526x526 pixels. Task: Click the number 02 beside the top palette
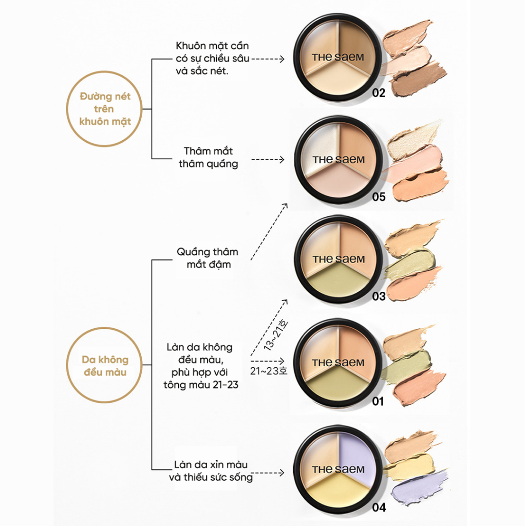pyautogui.click(x=379, y=93)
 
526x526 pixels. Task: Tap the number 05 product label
pyautogui.click(x=379, y=196)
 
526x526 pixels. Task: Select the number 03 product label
pyautogui.click(x=379, y=296)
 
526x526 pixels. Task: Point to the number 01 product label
pyautogui.click(x=379, y=401)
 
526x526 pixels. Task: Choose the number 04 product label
pyautogui.click(x=379, y=509)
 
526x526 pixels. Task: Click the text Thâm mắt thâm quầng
pyautogui.click(x=208, y=157)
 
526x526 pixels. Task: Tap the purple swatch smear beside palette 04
pyautogui.click(x=419, y=487)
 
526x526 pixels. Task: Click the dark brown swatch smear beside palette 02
pyautogui.click(x=419, y=79)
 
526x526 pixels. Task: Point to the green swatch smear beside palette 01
pyautogui.click(x=411, y=363)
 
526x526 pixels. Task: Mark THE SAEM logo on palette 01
pyautogui.click(x=338, y=363)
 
